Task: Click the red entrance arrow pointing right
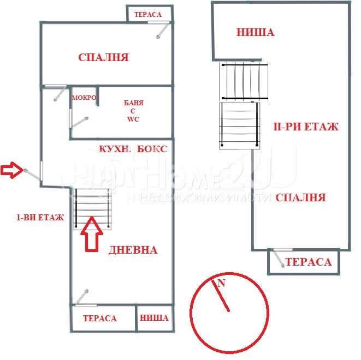click(11, 170)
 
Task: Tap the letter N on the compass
click(221, 283)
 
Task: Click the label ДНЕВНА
click(133, 250)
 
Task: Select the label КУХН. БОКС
click(133, 149)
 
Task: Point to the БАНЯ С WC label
click(133, 111)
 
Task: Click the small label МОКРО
click(84, 98)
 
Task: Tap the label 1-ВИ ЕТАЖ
click(40, 217)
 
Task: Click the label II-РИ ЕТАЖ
click(306, 127)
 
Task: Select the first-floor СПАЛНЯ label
click(103, 57)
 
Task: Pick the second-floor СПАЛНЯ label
click(301, 197)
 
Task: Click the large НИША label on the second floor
click(256, 32)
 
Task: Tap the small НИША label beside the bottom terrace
click(154, 318)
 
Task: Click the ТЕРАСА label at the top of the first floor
click(148, 15)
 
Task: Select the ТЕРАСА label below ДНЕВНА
click(100, 318)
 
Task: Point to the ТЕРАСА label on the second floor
click(309, 262)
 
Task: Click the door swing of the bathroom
click(79, 122)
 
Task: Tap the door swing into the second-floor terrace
click(279, 259)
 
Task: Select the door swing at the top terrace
click(163, 30)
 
